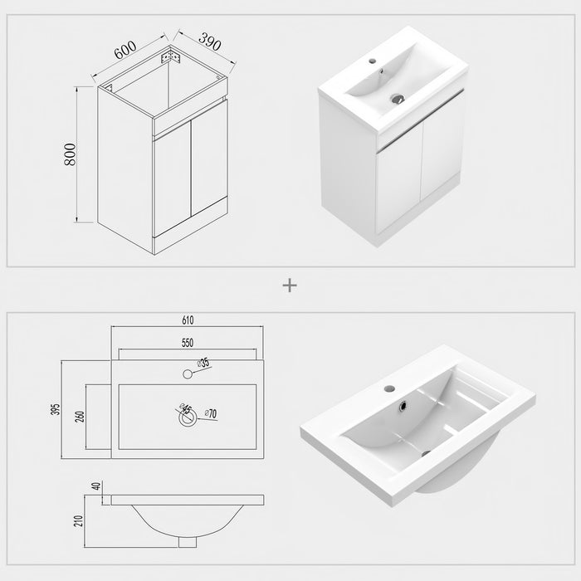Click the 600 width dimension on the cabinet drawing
[x=125, y=50]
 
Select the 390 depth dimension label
[x=199, y=42]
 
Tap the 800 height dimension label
[x=71, y=154]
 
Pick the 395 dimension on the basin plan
[x=54, y=410]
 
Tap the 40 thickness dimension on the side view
[x=96, y=486]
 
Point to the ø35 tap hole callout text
[x=203, y=364]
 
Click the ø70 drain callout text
[x=212, y=413]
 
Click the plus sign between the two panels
[x=290, y=285]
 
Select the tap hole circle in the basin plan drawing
[x=187, y=374]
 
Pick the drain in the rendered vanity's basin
[x=398, y=97]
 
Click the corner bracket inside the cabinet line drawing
[x=173, y=58]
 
